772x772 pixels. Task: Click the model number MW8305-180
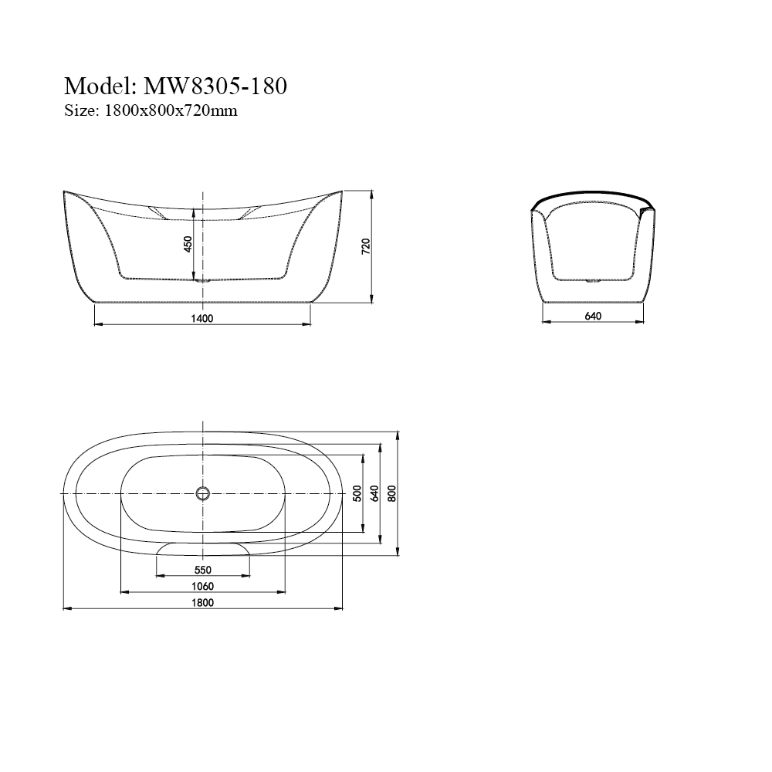[215, 86]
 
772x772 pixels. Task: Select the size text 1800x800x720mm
[171, 110]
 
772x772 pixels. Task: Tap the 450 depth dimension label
[188, 244]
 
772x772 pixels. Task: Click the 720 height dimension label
[366, 246]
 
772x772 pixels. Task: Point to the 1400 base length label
[201, 319]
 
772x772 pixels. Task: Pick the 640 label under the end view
[593, 316]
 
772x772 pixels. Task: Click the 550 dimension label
[203, 570]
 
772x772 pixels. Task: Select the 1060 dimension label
[202, 586]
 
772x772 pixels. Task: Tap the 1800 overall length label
[202, 602]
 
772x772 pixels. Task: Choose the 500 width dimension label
[357, 493]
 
